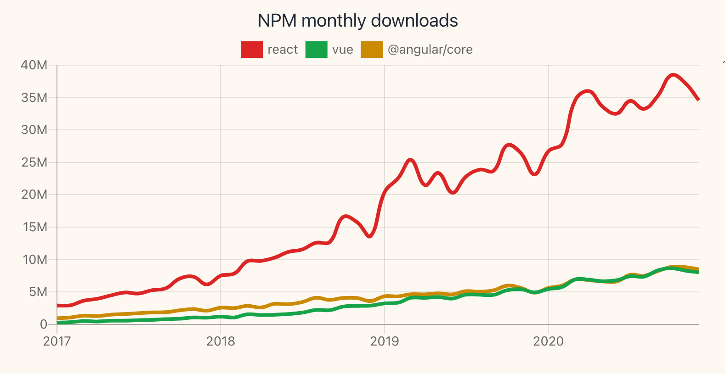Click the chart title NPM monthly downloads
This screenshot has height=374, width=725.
click(x=357, y=21)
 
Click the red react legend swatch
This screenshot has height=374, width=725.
click(x=252, y=50)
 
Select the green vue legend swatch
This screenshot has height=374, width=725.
click(x=316, y=50)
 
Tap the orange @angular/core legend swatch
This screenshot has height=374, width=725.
click(x=372, y=50)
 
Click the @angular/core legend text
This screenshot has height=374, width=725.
click(x=430, y=50)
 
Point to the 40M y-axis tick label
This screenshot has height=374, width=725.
click(x=34, y=65)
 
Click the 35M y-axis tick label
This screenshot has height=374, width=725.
click(x=34, y=98)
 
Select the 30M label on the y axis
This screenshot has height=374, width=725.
click(x=34, y=130)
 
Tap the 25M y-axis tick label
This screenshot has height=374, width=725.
click(x=34, y=162)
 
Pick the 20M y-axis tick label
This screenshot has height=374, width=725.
click(x=34, y=195)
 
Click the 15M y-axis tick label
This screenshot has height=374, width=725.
click(x=34, y=227)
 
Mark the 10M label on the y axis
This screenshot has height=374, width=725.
click(x=34, y=260)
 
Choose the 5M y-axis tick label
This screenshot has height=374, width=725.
click(x=38, y=292)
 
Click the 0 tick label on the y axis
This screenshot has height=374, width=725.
click(x=44, y=324)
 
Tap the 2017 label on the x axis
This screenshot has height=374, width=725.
click(x=57, y=341)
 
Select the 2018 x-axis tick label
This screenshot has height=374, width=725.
click(x=221, y=341)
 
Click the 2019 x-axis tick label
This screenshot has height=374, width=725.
click(x=385, y=341)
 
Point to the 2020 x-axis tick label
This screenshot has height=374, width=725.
click(x=548, y=341)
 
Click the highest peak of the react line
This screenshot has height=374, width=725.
click(x=673, y=75)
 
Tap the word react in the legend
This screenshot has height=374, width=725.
click(x=283, y=50)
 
